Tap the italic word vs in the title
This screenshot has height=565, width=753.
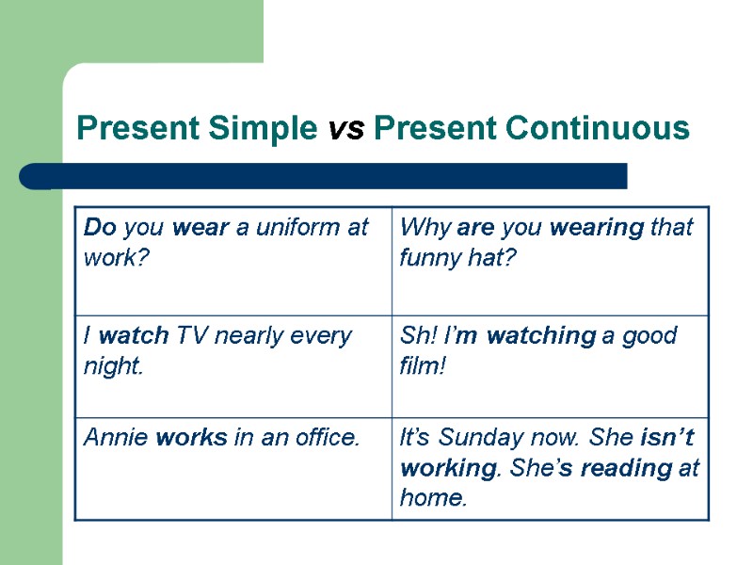(345, 128)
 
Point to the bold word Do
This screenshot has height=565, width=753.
(97, 227)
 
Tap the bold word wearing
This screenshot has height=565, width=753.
(597, 227)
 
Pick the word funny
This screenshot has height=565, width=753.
(430, 257)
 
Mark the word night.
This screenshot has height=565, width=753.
(113, 365)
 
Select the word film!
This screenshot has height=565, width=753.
(422, 365)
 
